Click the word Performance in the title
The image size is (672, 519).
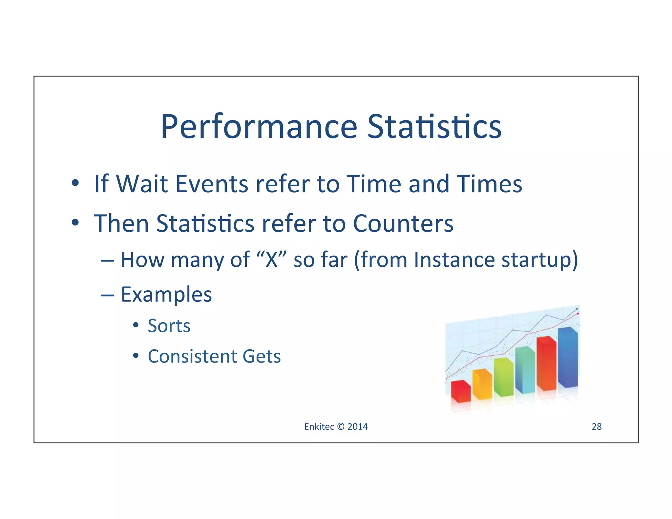pos(259,127)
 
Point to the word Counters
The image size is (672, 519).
pos(403,224)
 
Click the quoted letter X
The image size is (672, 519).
pos(271,260)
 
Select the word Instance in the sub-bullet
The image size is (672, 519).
pos(454,260)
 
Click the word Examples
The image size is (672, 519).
pos(166,295)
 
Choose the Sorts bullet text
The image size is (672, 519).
pos(169,326)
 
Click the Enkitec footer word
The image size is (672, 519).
pos(319,426)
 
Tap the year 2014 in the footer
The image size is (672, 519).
pos(358,426)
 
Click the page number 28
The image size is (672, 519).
pos(597,426)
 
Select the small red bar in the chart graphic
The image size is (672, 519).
pos(460,392)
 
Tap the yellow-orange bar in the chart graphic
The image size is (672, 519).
pos(482,384)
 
